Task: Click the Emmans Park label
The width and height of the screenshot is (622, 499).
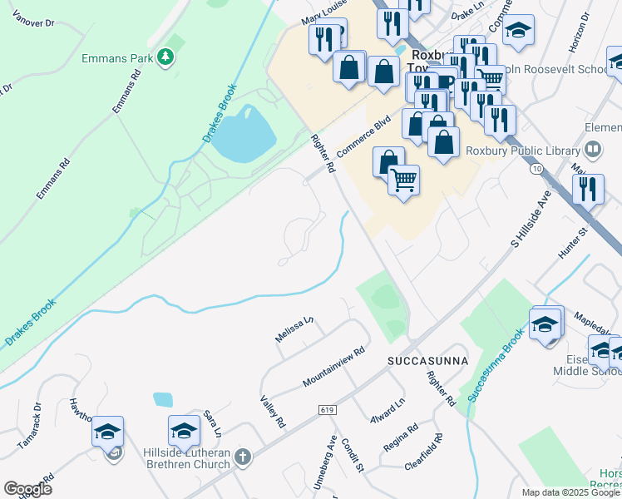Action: pyautogui.click(x=117, y=58)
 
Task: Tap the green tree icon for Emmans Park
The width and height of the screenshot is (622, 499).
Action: pyautogui.click(x=167, y=57)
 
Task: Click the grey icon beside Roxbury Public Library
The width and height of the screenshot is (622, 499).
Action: pyautogui.click(x=593, y=151)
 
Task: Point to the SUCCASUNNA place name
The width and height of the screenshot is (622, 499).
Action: pyautogui.click(x=427, y=361)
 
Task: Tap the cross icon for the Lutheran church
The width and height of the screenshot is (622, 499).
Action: pyautogui.click(x=242, y=457)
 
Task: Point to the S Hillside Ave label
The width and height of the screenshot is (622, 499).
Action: pyautogui.click(x=531, y=220)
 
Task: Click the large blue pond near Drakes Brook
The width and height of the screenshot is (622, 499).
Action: pyautogui.click(x=246, y=133)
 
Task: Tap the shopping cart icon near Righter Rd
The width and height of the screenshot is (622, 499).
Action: pyautogui.click(x=403, y=179)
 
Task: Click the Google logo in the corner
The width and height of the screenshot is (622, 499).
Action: pyautogui.click(x=27, y=489)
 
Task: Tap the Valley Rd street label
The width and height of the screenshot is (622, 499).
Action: pyautogui.click(x=273, y=412)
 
